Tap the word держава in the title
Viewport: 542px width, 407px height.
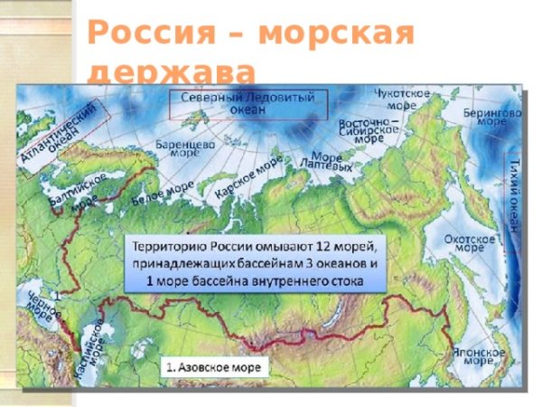172,72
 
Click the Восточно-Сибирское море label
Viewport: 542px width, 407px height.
369,130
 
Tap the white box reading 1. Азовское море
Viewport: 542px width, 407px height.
216,368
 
